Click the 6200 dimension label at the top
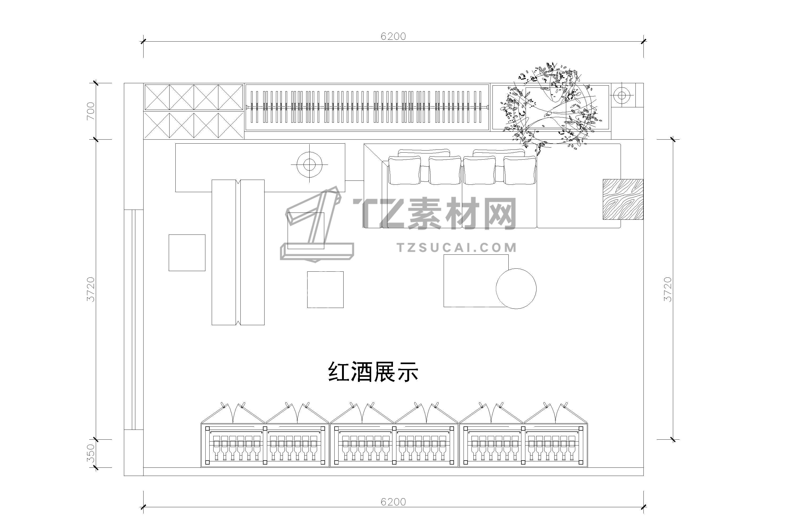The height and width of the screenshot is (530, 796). (393, 36)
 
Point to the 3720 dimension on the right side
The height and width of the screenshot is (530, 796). (667, 289)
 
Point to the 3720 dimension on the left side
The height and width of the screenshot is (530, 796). (91, 289)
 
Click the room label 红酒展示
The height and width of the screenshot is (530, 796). (373, 372)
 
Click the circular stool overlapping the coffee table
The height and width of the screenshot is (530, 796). (516, 289)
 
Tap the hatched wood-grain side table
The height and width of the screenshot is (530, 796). (623, 200)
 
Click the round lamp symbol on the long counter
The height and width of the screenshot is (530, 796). (309, 165)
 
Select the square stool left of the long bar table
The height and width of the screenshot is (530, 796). (187, 253)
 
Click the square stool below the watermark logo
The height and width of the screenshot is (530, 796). (325, 290)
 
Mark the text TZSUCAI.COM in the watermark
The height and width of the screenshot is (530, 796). (457, 248)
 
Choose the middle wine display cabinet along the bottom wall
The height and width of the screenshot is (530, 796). (394, 436)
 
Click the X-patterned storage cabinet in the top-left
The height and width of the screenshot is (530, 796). (194, 112)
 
